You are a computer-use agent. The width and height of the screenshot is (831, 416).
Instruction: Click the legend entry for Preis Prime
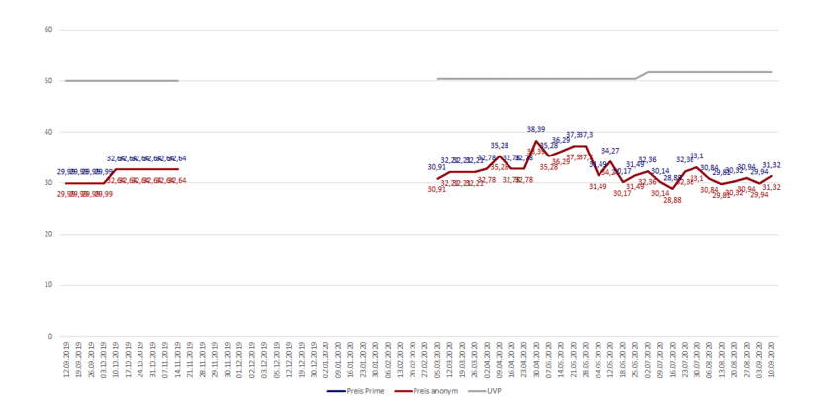pos(357,391)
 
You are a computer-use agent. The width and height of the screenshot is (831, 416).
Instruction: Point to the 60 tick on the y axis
pos(47,30)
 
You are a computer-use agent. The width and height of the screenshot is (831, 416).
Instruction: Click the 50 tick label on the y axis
pos(47,81)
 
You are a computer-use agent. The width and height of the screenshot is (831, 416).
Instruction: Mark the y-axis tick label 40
pos(47,132)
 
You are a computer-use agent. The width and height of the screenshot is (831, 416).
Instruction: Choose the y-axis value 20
pos(47,234)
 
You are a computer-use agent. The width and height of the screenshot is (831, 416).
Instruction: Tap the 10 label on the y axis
pos(47,285)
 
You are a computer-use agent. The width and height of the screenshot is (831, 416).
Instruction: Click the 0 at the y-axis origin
pos(49,337)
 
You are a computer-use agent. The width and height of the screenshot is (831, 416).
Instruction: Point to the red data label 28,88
pos(672,201)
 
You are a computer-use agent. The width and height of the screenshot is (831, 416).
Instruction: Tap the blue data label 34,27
pos(610,151)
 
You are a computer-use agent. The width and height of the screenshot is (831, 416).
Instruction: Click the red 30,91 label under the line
pos(437,189)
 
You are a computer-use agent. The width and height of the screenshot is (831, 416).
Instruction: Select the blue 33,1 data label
pos(696,156)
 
